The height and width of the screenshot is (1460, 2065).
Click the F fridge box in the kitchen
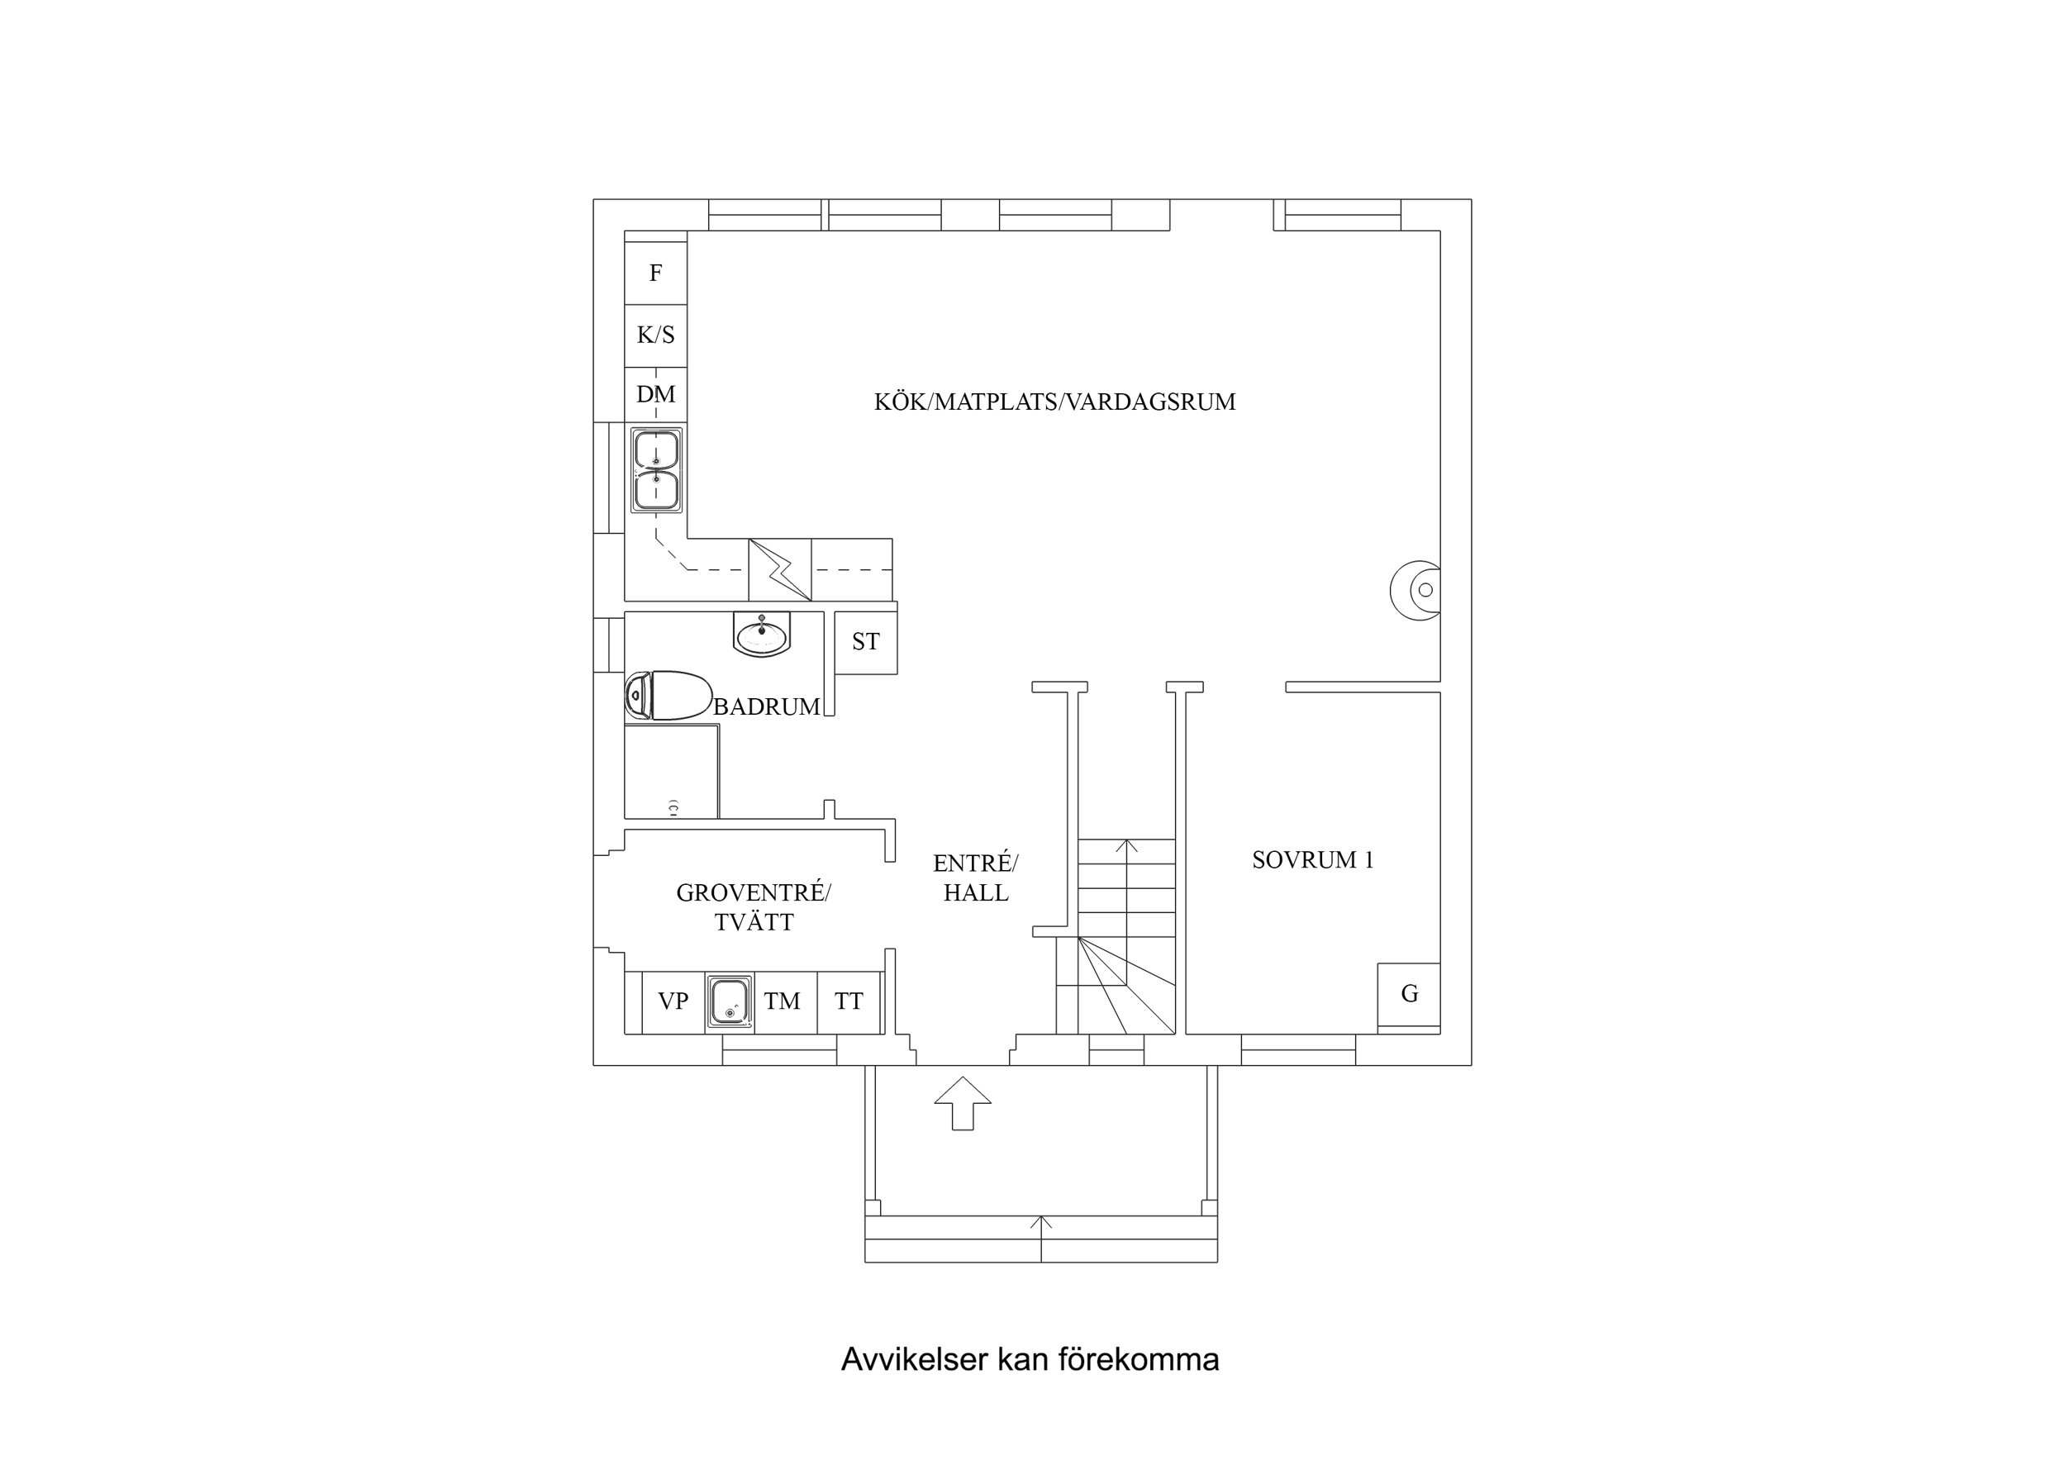(655, 273)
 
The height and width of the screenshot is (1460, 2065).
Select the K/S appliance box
(655, 335)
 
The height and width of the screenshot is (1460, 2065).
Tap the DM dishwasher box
(655, 394)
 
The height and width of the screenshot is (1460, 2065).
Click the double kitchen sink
(655, 470)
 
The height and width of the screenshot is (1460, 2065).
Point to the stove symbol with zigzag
(780, 569)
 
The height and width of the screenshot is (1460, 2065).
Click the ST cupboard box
(865, 641)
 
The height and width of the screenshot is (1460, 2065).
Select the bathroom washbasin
(763, 635)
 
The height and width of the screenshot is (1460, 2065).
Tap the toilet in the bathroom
(668, 696)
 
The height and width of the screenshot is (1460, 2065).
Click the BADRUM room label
(766, 707)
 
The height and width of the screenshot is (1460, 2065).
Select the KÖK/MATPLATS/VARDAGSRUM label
(1054, 402)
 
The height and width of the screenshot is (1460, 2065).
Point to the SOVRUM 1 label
(1312, 860)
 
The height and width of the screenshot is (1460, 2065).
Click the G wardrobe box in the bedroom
(1408, 994)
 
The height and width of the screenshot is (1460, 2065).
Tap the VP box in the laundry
(673, 1001)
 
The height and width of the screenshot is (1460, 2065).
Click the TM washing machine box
(782, 1001)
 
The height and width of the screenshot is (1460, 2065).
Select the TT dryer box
(848, 1001)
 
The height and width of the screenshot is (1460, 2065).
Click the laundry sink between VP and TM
(729, 1002)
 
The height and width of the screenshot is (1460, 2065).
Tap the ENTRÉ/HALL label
(975, 878)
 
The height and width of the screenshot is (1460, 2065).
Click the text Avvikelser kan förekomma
(1030, 1359)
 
